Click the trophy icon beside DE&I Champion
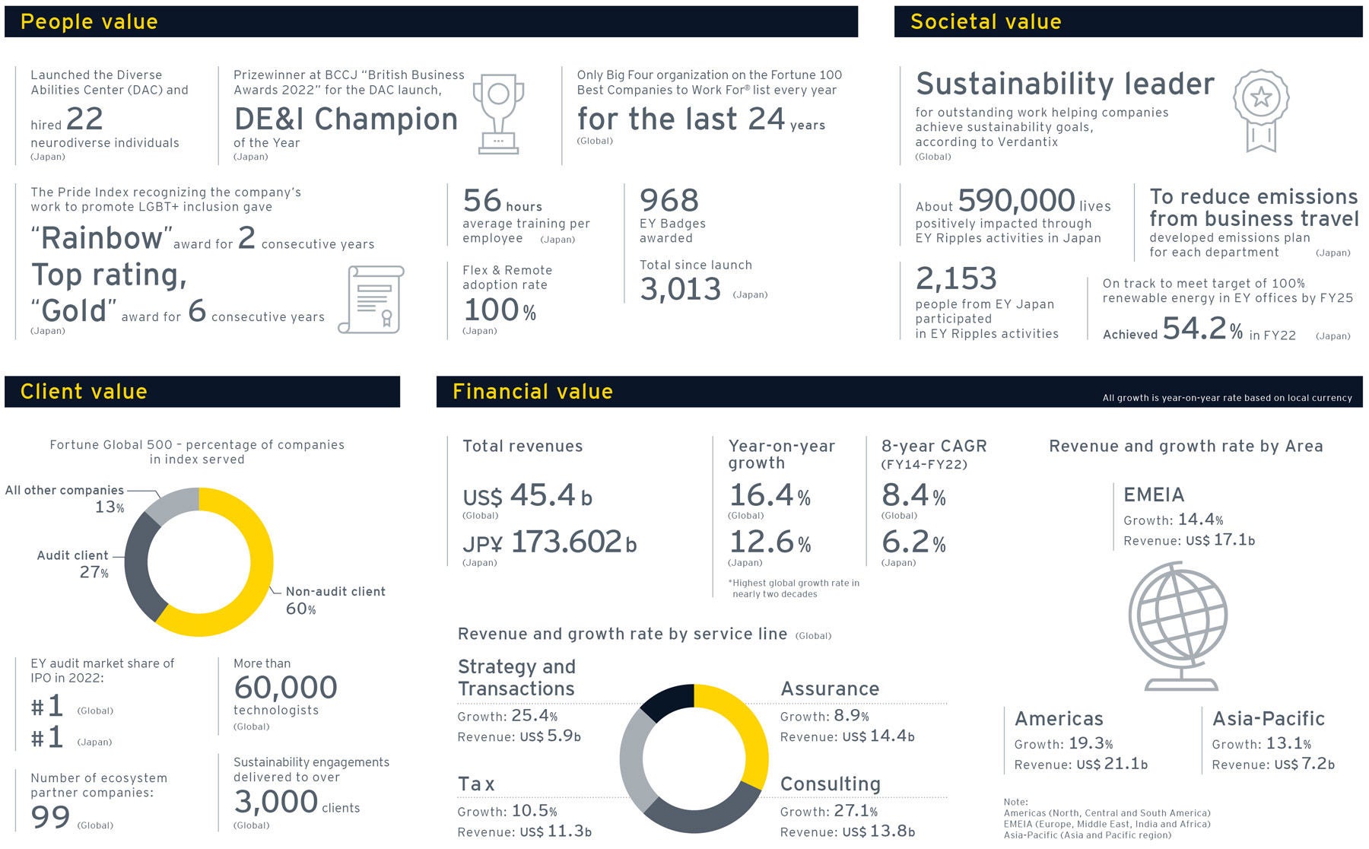click(x=498, y=113)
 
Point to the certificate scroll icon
click(x=372, y=300)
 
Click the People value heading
click(x=89, y=21)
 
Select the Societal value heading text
click(x=986, y=21)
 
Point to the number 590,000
click(x=1016, y=201)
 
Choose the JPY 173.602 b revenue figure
click(x=549, y=542)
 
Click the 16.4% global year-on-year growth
click(x=769, y=496)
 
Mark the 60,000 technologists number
click(x=285, y=688)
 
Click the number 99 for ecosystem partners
click(x=50, y=817)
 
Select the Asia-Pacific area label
click(x=1268, y=718)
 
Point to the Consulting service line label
click(x=830, y=784)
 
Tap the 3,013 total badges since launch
click(x=680, y=289)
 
